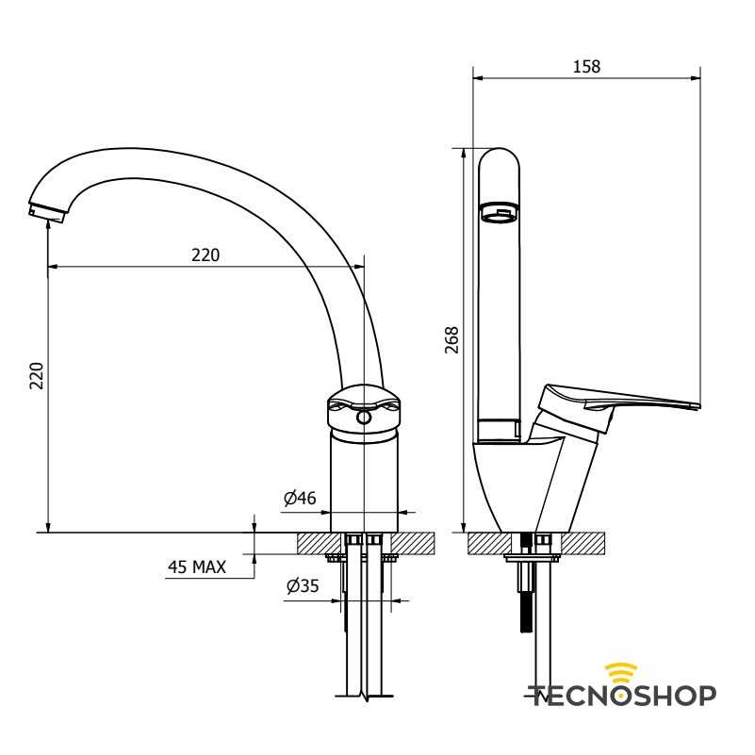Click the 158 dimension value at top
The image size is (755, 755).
(586, 66)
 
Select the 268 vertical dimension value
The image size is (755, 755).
(451, 340)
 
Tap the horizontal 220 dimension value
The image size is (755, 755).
(205, 254)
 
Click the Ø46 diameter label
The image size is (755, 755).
(300, 498)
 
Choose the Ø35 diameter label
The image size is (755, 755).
(303, 585)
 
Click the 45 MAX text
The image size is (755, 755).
(197, 566)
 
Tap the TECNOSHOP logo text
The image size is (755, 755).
(622, 696)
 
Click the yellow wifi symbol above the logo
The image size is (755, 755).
(621, 671)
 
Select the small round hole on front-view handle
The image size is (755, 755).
(363, 417)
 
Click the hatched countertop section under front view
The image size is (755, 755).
(415, 543)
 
